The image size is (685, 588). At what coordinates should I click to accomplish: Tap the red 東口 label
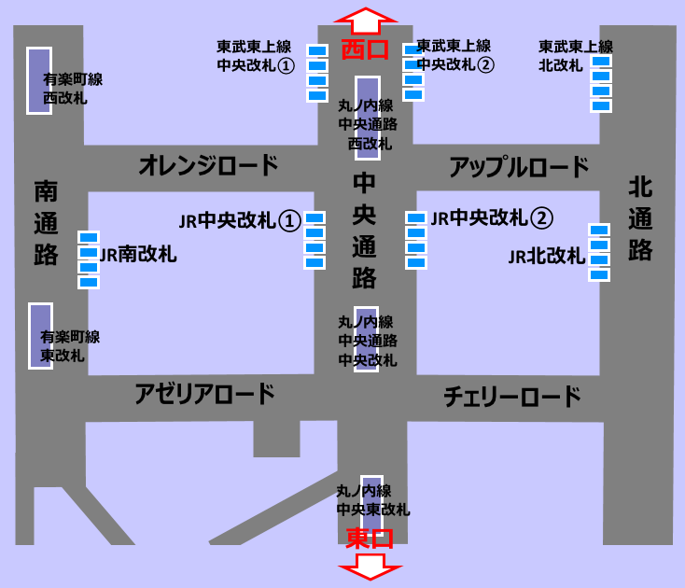click(370, 539)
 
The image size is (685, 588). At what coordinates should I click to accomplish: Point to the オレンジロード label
click(208, 166)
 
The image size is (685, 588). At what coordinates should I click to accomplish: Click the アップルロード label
click(519, 167)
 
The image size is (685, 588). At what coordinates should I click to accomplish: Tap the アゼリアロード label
click(204, 393)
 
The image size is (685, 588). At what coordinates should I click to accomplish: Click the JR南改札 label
click(138, 253)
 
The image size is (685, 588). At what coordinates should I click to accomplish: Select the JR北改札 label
click(546, 256)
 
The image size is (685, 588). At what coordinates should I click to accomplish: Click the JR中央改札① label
click(239, 220)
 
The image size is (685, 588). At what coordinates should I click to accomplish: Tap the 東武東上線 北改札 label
click(576, 55)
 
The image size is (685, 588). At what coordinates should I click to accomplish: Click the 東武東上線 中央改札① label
click(255, 55)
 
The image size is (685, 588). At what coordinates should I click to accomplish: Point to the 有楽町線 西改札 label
click(73, 88)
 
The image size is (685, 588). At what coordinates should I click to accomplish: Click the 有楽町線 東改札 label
click(70, 345)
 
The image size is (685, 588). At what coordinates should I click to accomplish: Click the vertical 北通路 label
click(640, 218)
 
